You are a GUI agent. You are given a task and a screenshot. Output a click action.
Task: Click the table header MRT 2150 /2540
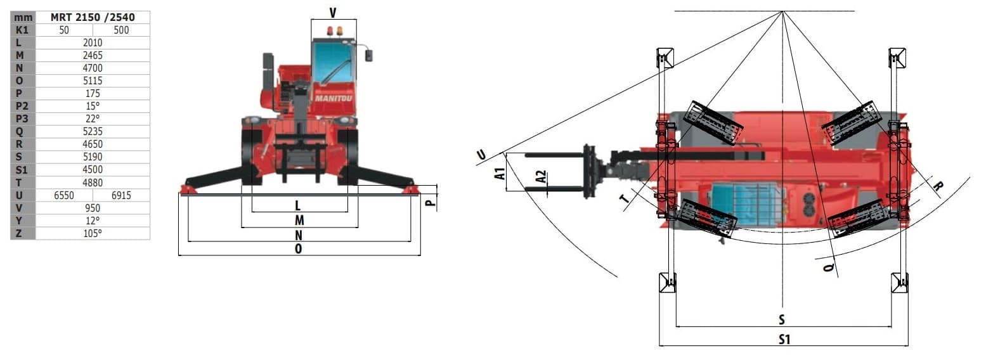pos(93,17)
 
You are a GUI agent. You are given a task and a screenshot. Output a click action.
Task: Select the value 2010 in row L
pos(93,42)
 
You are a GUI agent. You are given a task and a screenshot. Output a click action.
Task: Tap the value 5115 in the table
pos(93,80)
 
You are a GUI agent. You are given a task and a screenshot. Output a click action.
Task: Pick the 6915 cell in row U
pos(121,195)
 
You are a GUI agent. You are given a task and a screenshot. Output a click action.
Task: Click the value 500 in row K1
pos(121,30)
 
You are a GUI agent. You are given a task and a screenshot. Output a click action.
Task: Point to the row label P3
pos(22,119)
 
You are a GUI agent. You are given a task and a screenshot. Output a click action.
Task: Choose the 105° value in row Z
pos(93,233)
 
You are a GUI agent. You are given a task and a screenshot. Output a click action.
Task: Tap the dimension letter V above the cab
pos(333,13)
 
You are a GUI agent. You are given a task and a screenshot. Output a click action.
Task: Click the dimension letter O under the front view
pos(299,248)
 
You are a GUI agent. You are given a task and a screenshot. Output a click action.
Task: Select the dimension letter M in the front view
pos(299,220)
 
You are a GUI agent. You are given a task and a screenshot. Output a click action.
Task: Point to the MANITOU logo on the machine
pos(334,98)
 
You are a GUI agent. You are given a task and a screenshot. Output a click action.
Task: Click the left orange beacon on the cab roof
pos(330,31)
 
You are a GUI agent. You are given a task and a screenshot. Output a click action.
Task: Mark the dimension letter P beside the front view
pos(431,202)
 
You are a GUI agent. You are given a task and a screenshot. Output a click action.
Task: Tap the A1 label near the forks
pos(500,174)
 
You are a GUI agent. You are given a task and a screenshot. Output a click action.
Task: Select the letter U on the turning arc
pos(481,155)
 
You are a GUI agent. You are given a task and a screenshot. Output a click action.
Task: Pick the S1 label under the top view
pos(784,339)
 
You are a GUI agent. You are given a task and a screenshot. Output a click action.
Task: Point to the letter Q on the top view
pos(828,267)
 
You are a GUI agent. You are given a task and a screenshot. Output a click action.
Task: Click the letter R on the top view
pos(938,186)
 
